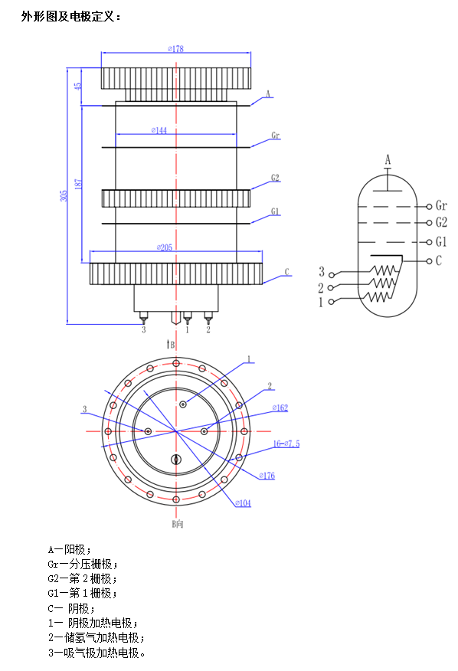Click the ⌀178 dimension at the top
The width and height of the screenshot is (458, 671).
click(x=175, y=49)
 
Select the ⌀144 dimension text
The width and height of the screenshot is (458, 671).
click(x=159, y=130)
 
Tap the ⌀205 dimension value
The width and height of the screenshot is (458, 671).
click(x=165, y=247)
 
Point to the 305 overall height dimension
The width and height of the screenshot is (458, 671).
click(x=64, y=196)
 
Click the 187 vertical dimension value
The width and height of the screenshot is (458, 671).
click(x=78, y=185)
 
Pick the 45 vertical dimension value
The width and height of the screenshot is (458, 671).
click(x=77, y=86)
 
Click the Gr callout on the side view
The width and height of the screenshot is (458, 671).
click(x=275, y=136)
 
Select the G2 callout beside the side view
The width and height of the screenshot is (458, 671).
click(x=275, y=178)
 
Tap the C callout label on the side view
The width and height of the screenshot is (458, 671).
click(x=286, y=272)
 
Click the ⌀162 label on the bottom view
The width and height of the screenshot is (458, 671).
click(x=280, y=408)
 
